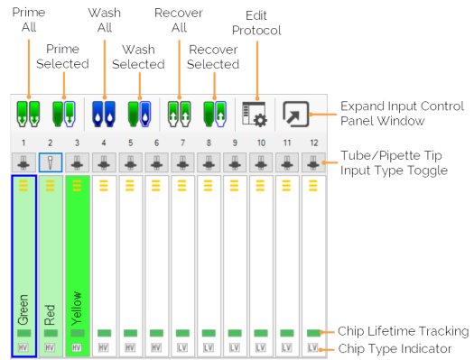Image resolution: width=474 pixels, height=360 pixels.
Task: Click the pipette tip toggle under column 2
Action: pyautogui.click(x=51, y=164)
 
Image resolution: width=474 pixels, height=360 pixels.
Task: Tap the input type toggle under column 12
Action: pyautogui.click(x=313, y=164)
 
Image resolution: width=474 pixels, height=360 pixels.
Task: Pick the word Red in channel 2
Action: pyautogui.click(x=51, y=312)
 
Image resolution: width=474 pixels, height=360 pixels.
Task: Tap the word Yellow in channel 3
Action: pyautogui.click(x=77, y=307)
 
